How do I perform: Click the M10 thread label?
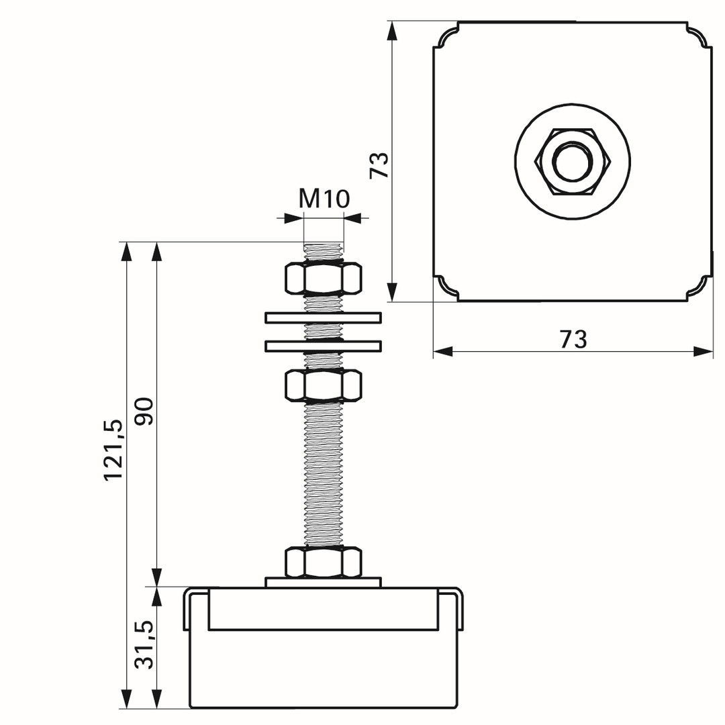[324, 199]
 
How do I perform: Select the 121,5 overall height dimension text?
[113, 450]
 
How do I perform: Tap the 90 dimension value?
[144, 412]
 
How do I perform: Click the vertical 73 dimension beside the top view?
[379, 165]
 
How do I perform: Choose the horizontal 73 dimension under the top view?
[573, 340]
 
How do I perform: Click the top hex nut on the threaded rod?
[323, 279]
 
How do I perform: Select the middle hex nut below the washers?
[323, 385]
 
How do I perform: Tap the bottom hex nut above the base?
[323, 562]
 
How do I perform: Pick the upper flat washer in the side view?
[323, 318]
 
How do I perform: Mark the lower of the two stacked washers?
[323, 346]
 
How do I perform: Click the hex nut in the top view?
[573, 162]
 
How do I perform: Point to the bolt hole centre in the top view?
[573, 162]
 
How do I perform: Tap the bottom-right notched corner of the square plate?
[699, 289]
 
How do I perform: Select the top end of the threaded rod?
[324, 244]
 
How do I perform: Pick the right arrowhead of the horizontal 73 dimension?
[704, 351]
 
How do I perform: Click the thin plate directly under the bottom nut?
[323, 583]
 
